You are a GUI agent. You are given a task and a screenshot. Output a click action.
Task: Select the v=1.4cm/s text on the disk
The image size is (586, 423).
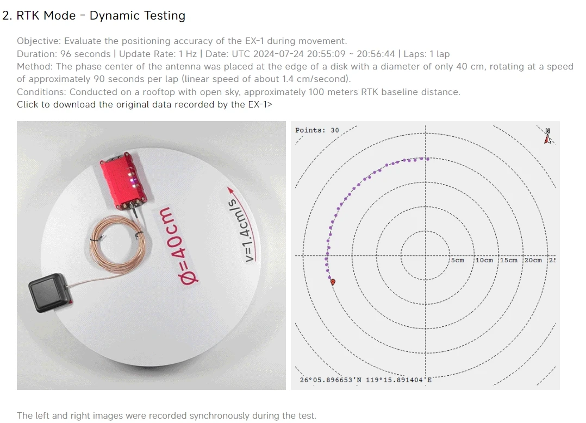coord(240,231)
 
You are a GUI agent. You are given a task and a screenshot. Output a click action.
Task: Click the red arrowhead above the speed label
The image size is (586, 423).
coord(230,190)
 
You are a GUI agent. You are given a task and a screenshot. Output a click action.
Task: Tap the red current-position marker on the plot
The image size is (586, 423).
coord(333,282)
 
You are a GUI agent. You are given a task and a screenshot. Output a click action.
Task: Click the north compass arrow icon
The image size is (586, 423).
coord(547,136)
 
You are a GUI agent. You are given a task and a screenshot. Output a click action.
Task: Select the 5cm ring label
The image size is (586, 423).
coord(458,260)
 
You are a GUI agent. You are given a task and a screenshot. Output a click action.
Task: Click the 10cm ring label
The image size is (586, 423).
coord(484,260)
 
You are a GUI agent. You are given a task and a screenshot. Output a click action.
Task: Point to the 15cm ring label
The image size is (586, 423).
coord(508,260)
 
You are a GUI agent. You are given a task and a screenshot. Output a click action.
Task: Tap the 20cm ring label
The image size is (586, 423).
coord(533,260)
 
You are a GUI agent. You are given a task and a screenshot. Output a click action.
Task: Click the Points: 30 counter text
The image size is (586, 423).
coord(317,130)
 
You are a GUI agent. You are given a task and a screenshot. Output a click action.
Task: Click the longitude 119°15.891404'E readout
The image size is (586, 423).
coord(397,380)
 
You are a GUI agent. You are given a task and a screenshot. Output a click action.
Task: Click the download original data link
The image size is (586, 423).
coord(144,104)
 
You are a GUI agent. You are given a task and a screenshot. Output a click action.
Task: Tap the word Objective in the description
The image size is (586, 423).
coord(38,41)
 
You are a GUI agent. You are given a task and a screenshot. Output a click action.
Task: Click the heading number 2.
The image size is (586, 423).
coord(6,16)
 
